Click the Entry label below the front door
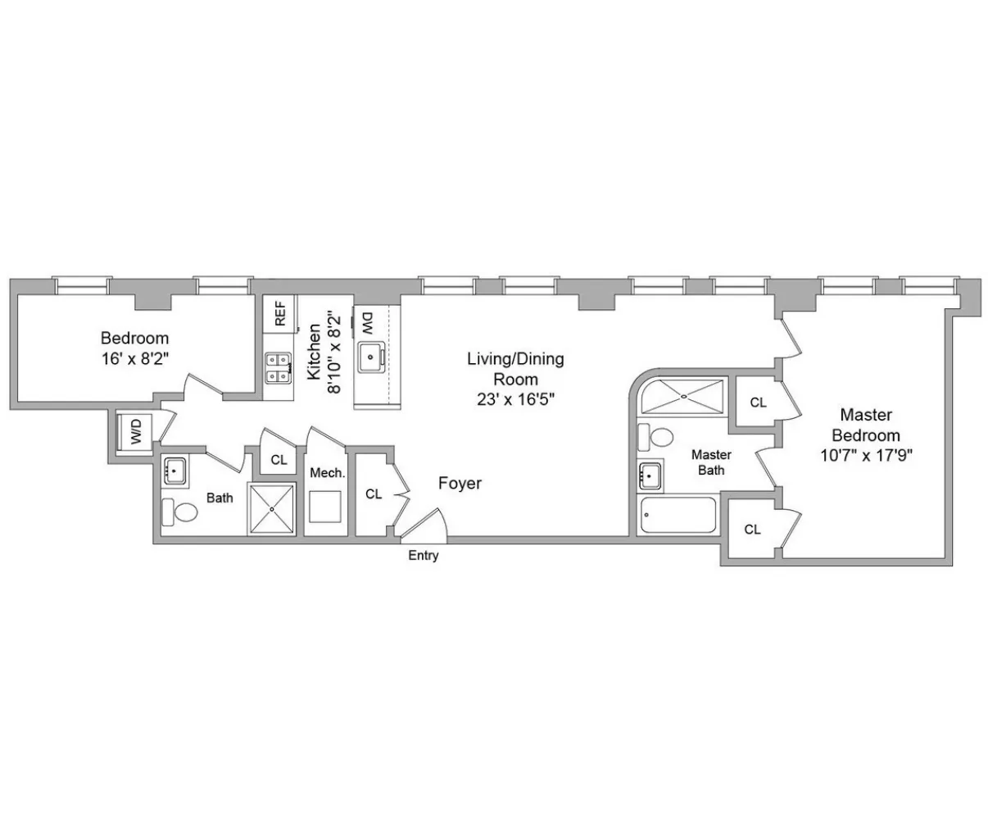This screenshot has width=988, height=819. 424,556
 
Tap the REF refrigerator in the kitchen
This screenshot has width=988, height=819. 279,314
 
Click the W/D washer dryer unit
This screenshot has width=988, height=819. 134,430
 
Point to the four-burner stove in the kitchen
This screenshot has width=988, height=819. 279,367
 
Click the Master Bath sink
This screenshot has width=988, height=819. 650,475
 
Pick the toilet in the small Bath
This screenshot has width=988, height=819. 180,513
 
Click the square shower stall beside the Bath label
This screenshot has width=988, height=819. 271,509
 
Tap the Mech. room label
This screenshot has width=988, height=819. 327,473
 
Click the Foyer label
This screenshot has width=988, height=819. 460,484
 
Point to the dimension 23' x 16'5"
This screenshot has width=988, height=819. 515,399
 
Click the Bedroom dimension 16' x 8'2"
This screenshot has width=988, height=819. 134,357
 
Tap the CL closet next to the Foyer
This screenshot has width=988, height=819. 374,494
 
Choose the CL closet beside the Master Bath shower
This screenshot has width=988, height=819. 758,403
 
